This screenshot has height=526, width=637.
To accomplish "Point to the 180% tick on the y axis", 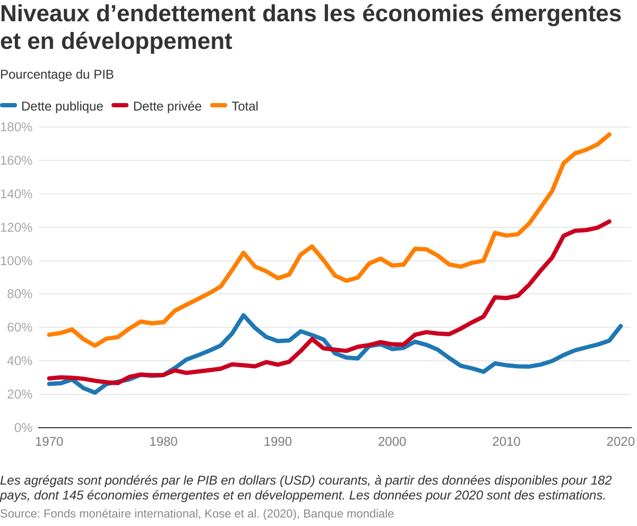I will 16,128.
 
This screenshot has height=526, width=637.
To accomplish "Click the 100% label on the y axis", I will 16,261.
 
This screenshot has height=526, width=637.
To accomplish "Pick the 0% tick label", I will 23,428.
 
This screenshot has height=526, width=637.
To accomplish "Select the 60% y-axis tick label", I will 20,327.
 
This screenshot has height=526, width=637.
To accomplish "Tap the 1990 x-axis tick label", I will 278,442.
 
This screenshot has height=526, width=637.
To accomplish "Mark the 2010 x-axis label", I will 506,442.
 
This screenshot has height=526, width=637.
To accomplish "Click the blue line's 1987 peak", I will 244,316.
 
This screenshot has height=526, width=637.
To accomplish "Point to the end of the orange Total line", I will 609,134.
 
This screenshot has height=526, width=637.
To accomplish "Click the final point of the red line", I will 609,222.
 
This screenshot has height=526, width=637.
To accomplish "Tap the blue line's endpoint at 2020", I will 621,326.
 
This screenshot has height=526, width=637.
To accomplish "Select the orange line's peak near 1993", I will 312,247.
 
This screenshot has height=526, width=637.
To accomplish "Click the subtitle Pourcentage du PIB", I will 57,74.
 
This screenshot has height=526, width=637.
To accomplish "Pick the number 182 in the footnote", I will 600,481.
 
